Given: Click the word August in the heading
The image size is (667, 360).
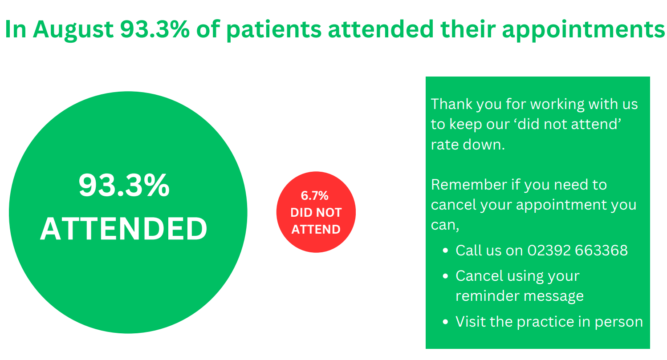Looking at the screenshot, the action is (73, 30).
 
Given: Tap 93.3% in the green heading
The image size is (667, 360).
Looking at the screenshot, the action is (155, 29).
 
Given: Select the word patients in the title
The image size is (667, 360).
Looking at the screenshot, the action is (274, 30).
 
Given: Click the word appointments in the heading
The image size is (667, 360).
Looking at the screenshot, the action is (583, 30).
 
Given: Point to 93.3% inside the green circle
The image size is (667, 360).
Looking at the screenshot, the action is (124, 186).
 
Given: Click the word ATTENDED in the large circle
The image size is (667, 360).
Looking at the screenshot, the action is (124, 228).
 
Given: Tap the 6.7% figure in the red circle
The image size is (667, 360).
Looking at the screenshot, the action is (314, 195).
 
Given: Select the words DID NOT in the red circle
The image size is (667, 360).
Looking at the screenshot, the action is (316, 212).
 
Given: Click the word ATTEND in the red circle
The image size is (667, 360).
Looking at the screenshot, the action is (316, 229).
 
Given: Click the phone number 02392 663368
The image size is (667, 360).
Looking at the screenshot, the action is (578, 250).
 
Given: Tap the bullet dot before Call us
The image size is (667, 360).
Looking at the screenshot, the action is (445, 251).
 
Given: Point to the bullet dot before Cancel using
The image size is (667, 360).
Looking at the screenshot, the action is (445, 276).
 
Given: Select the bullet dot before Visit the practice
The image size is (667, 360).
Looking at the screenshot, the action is (445, 322).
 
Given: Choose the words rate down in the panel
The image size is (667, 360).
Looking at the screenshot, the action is (468, 145).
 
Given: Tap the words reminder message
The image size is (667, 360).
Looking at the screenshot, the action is (520, 296).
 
